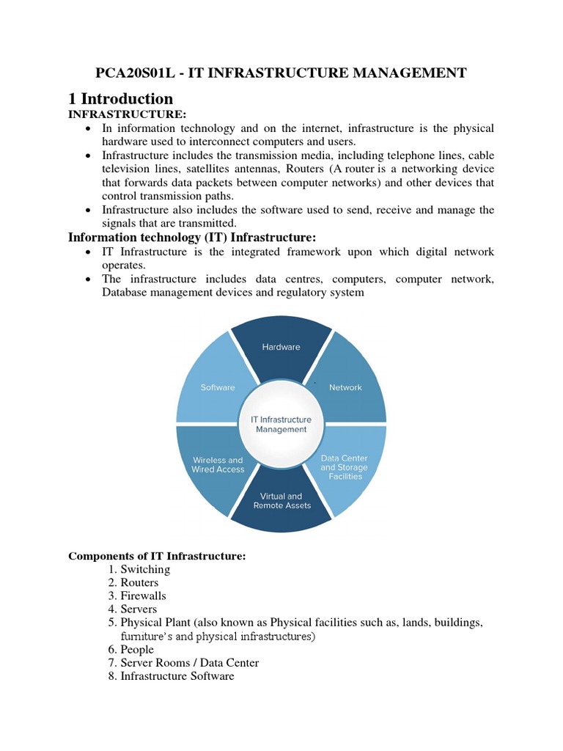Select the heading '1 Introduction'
(121, 98)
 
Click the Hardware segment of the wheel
(281, 347)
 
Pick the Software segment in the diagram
(218, 387)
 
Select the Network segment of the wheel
(345, 387)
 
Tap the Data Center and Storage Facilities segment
(345, 467)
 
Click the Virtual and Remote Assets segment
(281, 501)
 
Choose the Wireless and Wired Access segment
(218, 465)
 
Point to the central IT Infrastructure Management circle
(281, 425)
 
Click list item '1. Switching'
(139, 569)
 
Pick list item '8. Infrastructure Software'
(171, 675)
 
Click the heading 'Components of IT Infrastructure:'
(157, 556)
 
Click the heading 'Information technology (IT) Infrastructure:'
(192, 237)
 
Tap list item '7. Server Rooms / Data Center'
(183, 662)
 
